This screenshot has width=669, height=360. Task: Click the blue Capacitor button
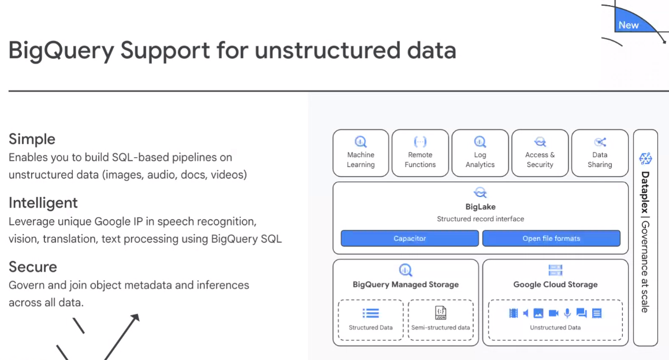click(410, 239)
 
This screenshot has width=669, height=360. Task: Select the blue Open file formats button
click(551, 239)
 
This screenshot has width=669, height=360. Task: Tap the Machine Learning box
click(360, 153)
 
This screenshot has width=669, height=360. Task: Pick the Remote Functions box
click(420, 153)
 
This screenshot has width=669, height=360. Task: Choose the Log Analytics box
click(480, 153)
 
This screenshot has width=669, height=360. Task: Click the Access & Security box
click(540, 153)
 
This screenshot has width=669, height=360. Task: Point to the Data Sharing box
click(600, 153)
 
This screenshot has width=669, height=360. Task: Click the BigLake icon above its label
click(481, 192)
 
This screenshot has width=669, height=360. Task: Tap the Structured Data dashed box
click(370, 320)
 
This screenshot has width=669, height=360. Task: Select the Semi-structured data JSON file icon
click(441, 313)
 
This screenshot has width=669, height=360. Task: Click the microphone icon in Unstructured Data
click(567, 314)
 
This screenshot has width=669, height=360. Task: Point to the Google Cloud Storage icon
click(555, 270)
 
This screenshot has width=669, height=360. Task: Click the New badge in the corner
click(629, 25)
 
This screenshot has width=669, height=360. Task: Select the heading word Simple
click(32, 139)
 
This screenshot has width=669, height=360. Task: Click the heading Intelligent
click(43, 203)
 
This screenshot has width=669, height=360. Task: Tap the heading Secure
click(33, 266)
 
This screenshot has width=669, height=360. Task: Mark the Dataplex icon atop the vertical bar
click(645, 159)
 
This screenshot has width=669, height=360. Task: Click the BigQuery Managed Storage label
click(406, 284)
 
